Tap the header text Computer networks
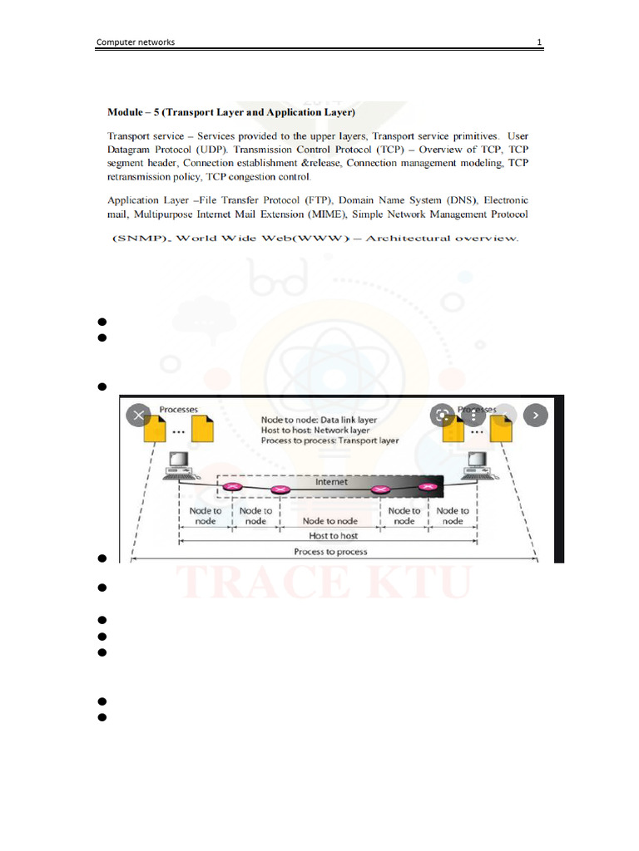click(136, 42)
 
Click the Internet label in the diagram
click(331, 482)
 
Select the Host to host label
click(330, 536)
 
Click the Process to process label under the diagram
click(330, 552)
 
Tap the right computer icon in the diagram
click(478, 466)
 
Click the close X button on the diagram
click(139, 414)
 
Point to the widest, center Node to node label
click(330, 521)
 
